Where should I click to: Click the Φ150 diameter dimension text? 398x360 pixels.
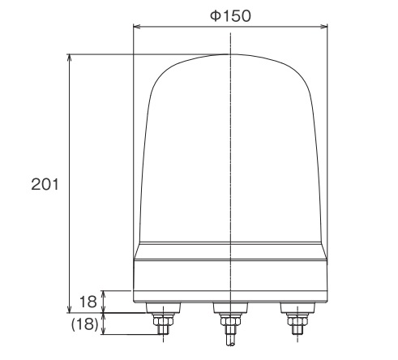pyautogui.click(x=231, y=14)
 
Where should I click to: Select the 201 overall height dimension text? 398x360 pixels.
pyautogui.click(x=42, y=184)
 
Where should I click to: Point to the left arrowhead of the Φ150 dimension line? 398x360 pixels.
pyautogui.click(x=137, y=28)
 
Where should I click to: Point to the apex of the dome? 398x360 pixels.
pyautogui.click(x=231, y=55)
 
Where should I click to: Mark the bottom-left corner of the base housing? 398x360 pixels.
pyautogui.click(x=134, y=302)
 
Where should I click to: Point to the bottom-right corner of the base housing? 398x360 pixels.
pyautogui.click(x=328, y=302)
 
